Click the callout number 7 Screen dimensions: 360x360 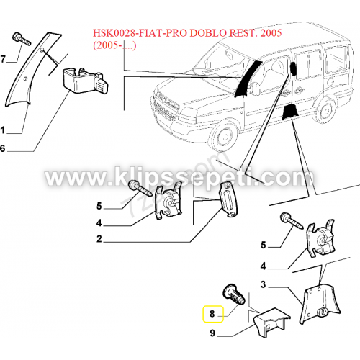coord(3,59)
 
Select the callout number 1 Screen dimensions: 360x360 coord(3,130)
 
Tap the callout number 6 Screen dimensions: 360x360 coord(3,148)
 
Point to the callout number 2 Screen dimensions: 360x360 coord(99,239)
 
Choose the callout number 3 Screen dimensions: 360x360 coord(264,284)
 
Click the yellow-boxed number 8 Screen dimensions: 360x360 coord(212,314)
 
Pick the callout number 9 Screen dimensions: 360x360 coord(212,333)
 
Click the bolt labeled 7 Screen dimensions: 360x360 coord(22,39)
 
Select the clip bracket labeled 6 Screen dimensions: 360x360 coord(85,81)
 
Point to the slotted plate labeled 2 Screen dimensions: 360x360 coord(229,200)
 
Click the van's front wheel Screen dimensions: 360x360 coord(225,137)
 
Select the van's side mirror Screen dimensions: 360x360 coord(253,87)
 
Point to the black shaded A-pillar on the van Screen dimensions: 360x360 coord(246,79)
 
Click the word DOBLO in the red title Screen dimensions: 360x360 coord(207,33)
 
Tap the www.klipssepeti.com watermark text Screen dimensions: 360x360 coord(179,177)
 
